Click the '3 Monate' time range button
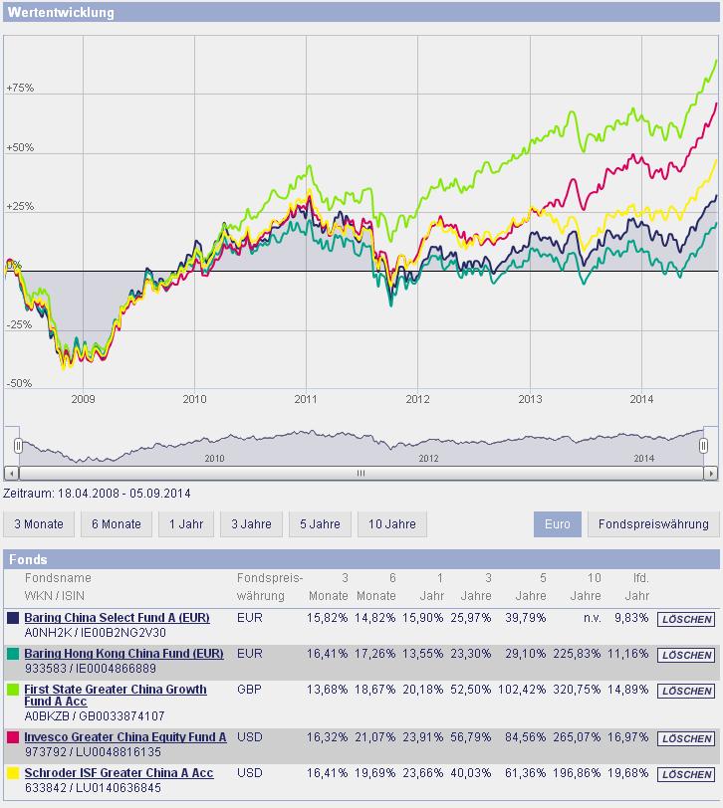pos(39,524)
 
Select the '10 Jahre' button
pos(391,524)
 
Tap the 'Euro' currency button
pos(558,524)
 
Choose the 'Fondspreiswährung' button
pos(653,524)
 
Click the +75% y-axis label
pos(20,88)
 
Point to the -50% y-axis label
pos(20,383)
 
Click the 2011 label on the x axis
pos(306,399)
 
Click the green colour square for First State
pos(13,690)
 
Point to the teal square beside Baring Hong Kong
pos(13,654)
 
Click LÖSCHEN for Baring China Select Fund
pos(686,619)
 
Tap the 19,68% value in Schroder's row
pos(632,773)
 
